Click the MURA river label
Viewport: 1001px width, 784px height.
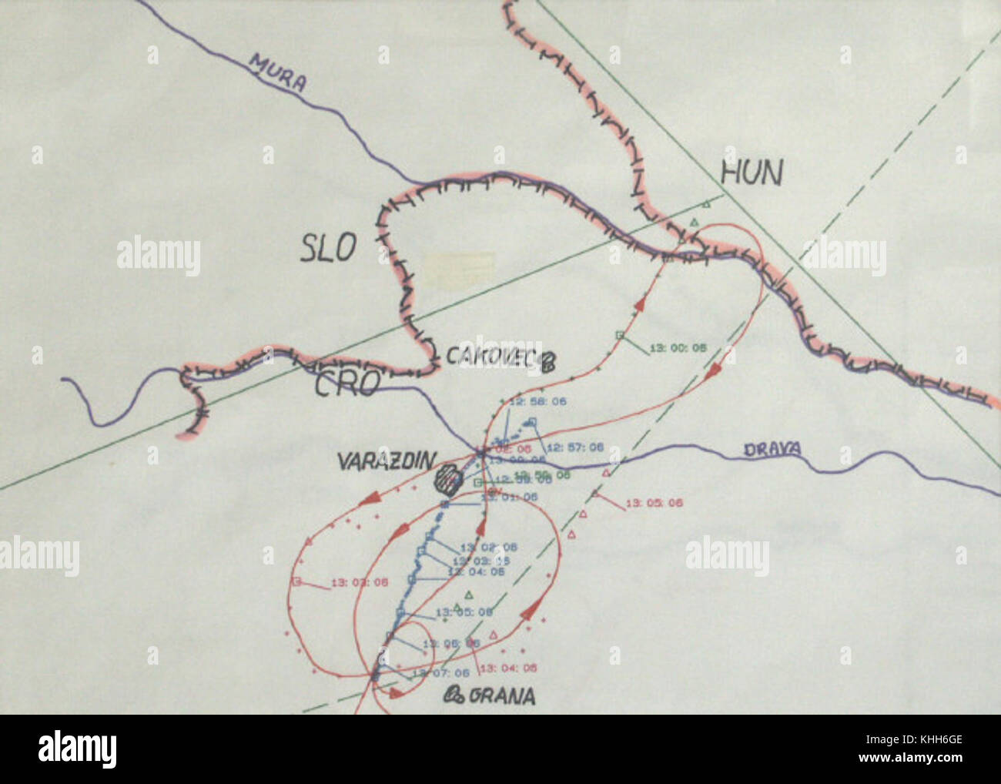click(x=278, y=73)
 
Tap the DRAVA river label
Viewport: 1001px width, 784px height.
click(x=772, y=450)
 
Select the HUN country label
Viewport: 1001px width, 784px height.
click(x=751, y=173)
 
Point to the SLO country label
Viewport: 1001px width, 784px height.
click(x=329, y=248)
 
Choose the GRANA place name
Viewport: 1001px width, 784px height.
click(x=501, y=696)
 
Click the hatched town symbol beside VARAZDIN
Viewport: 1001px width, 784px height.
click(x=446, y=480)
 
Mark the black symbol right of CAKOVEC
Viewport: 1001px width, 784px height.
click(x=549, y=360)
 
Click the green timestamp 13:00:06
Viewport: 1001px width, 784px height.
click(x=678, y=348)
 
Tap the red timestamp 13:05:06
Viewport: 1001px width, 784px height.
click(x=654, y=503)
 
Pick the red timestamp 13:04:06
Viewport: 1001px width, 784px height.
click(x=507, y=668)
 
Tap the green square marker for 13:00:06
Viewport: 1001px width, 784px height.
click(x=619, y=334)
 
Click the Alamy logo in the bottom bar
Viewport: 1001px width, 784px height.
click(x=78, y=748)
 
